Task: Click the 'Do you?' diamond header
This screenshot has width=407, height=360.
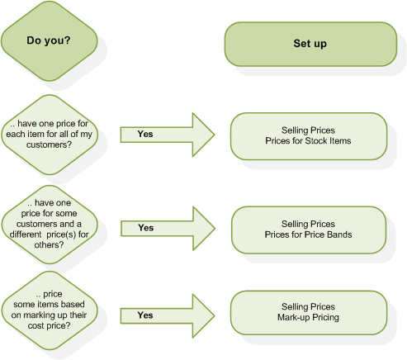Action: (x=50, y=41)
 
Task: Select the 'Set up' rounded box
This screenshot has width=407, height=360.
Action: (x=310, y=44)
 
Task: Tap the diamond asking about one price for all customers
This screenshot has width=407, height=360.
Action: (x=50, y=135)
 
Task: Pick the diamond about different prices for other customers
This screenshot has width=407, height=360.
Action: (x=50, y=225)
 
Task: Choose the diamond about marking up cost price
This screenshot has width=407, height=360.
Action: (x=50, y=310)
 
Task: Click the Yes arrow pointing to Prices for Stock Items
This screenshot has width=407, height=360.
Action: (x=168, y=135)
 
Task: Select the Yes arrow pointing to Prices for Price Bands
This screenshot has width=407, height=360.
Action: (x=168, y=229)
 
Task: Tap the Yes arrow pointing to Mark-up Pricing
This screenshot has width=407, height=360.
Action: (x=168, y=315)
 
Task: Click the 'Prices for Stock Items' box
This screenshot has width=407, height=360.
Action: (x=309, y=136)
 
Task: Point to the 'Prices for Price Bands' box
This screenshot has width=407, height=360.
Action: (x=309, y=230)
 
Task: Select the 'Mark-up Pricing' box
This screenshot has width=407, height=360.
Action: (x=309, y=313)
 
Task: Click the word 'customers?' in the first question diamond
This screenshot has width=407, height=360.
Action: (x=49, y=144)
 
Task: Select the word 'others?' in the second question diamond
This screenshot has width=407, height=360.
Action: (x=49, y=245)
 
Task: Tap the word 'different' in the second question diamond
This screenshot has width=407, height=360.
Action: (x=26, y=234)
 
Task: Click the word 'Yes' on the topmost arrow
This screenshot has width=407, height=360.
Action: (x=145, y=134)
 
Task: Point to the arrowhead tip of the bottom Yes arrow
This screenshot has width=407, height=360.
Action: (x=215, y=315)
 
